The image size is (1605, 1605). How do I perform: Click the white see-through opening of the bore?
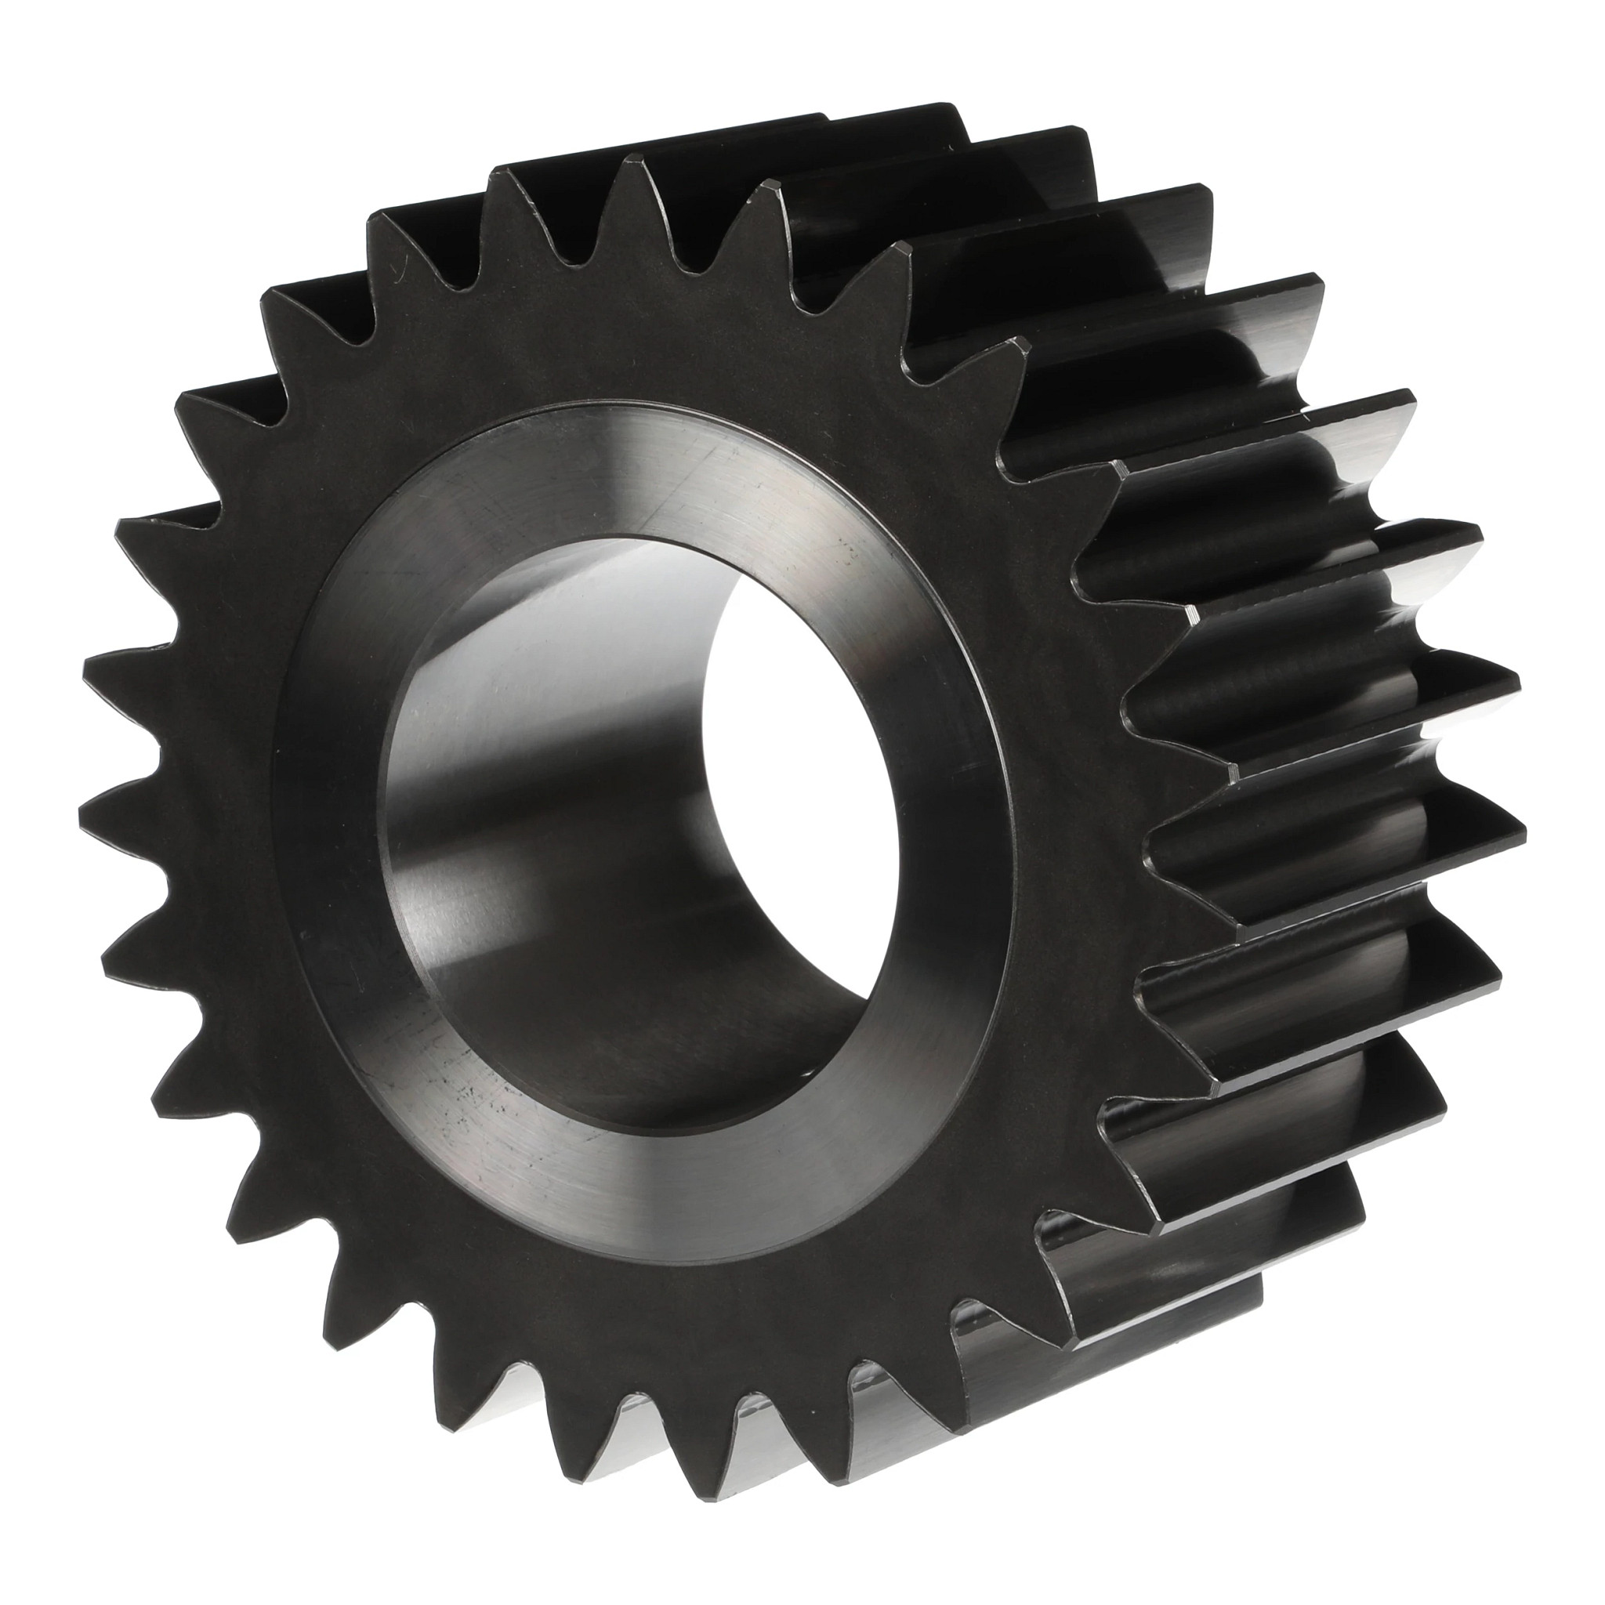point(798,748)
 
